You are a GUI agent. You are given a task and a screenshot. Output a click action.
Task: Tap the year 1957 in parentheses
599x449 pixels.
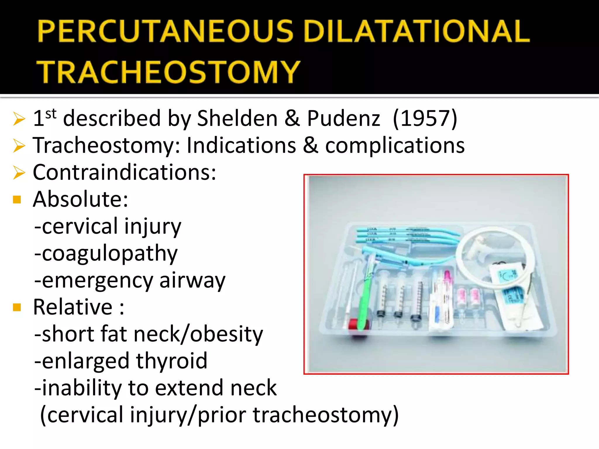425,118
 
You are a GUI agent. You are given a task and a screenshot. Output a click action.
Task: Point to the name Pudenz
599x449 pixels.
343,118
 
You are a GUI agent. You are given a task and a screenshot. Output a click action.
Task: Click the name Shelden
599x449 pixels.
237,118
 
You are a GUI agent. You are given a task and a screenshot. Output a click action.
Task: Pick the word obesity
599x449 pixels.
226,334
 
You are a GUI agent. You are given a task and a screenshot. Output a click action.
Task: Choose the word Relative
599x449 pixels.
73,307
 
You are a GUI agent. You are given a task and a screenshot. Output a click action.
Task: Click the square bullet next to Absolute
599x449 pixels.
17,200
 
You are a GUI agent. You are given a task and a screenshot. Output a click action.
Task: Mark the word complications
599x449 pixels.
395,146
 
